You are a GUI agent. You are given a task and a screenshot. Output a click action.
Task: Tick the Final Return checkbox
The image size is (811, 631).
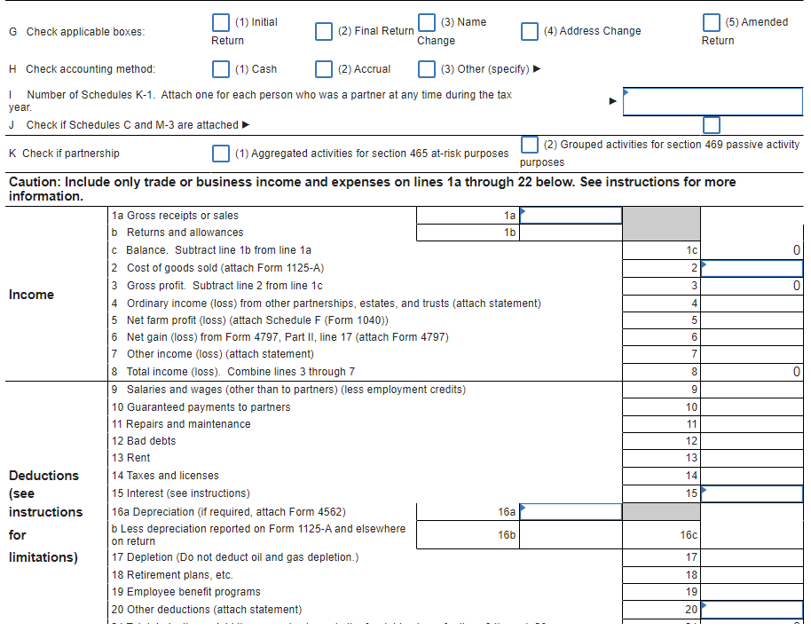coord(326,31)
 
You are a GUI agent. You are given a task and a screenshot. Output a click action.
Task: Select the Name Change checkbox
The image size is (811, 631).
coord(427,24)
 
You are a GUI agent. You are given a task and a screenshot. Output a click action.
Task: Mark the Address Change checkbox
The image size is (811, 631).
coord(530,31)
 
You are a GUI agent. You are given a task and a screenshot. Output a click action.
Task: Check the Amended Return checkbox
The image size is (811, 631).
coord(712,24)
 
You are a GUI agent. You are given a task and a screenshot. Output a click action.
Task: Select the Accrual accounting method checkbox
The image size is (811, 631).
coord(326,69)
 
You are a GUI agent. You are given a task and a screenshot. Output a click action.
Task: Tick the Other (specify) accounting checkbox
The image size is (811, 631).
coord(427,69)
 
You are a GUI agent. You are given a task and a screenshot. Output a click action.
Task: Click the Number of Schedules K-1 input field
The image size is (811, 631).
coord(713,101)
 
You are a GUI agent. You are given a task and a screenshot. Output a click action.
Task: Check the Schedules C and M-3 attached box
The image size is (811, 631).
coord(712,125)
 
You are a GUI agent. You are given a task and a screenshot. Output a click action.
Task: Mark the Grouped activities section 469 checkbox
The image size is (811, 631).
coord(530,145)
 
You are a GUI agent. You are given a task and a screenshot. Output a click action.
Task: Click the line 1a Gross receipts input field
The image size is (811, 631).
coord(571,216)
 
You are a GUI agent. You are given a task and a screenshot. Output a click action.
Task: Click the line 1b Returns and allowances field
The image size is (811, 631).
coord(571,233)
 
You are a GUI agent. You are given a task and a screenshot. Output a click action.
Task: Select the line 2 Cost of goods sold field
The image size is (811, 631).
coord(752,268)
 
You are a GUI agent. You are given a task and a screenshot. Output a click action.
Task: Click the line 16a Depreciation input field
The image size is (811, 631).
coord(571,511)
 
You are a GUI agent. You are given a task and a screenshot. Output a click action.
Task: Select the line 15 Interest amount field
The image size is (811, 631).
coord(752,493)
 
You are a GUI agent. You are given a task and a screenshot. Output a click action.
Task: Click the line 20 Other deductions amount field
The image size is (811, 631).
coord(752,610)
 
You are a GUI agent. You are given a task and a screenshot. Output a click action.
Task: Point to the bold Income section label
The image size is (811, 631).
coord(32,295)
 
